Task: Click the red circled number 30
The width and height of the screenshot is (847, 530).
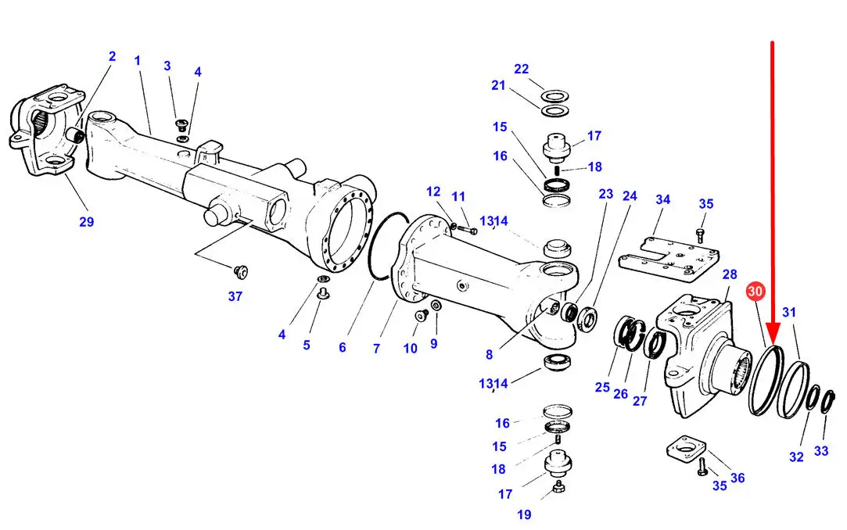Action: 755,292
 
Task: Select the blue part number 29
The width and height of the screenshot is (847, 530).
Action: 87,222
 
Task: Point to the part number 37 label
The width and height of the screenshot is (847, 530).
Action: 235,296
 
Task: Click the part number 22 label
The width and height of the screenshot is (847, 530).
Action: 522,69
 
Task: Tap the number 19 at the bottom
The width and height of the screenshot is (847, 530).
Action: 524,515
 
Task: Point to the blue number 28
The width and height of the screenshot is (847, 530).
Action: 730,274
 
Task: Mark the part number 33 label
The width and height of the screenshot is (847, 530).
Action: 821,451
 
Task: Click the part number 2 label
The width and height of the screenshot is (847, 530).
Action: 112,56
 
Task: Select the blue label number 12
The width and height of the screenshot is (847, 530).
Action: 433,192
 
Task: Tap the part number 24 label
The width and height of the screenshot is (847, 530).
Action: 630,196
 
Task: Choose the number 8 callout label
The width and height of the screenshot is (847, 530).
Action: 489,355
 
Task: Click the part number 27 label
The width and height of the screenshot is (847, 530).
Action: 640,401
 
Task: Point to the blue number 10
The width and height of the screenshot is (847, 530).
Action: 411,349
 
